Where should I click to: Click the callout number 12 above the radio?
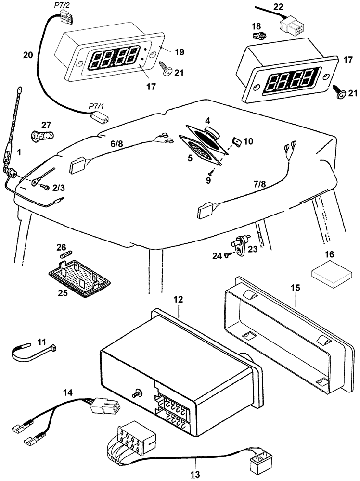178,299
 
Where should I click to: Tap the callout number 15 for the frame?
295,288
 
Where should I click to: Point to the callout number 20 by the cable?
28,55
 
